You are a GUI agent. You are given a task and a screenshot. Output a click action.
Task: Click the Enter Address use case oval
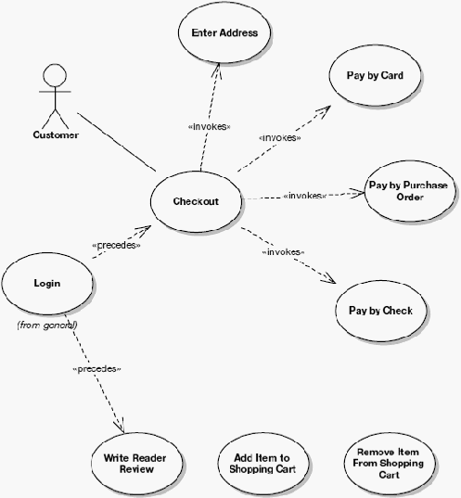[x=224, y=32]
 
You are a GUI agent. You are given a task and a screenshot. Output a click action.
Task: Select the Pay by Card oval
[x=375, y=76]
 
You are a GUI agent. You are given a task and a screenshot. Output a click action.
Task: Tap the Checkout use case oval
[x=196, y=201]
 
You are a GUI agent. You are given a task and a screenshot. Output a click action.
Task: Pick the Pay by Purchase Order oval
[x=410, y=191]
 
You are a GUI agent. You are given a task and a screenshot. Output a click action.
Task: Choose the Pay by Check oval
[x=380, y=311]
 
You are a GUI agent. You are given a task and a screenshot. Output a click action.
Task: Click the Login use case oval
[x=47, y=283]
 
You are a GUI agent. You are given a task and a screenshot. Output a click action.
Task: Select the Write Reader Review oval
[x=136, y=463]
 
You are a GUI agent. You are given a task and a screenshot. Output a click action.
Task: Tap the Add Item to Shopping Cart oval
[x=263, y=463]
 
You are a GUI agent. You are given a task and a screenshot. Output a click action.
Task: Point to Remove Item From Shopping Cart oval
[x=389, y=463]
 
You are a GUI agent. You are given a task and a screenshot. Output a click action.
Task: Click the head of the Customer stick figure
[x=55, y=76]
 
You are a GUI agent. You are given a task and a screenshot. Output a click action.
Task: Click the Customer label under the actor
[x=56, y=134]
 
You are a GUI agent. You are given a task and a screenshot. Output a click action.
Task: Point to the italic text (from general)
[x=47, y=325]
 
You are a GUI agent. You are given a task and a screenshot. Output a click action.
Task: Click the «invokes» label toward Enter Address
[x=210, y=127]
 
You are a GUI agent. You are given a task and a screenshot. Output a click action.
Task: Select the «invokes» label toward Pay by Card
[x=280, y=138]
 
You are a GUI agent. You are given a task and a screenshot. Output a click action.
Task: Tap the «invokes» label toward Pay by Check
[x=283, y=252]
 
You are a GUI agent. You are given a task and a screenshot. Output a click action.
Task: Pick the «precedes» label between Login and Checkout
[x=116, y=245]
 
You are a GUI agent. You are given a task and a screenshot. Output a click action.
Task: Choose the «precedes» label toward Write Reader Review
[x=96, y=369]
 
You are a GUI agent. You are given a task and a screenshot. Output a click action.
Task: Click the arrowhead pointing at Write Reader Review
[x=120, y=426]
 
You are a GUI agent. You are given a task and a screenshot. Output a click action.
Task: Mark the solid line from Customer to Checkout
[x=117, y=142]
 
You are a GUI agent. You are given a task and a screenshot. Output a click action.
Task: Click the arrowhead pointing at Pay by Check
[x=329, y=278]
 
